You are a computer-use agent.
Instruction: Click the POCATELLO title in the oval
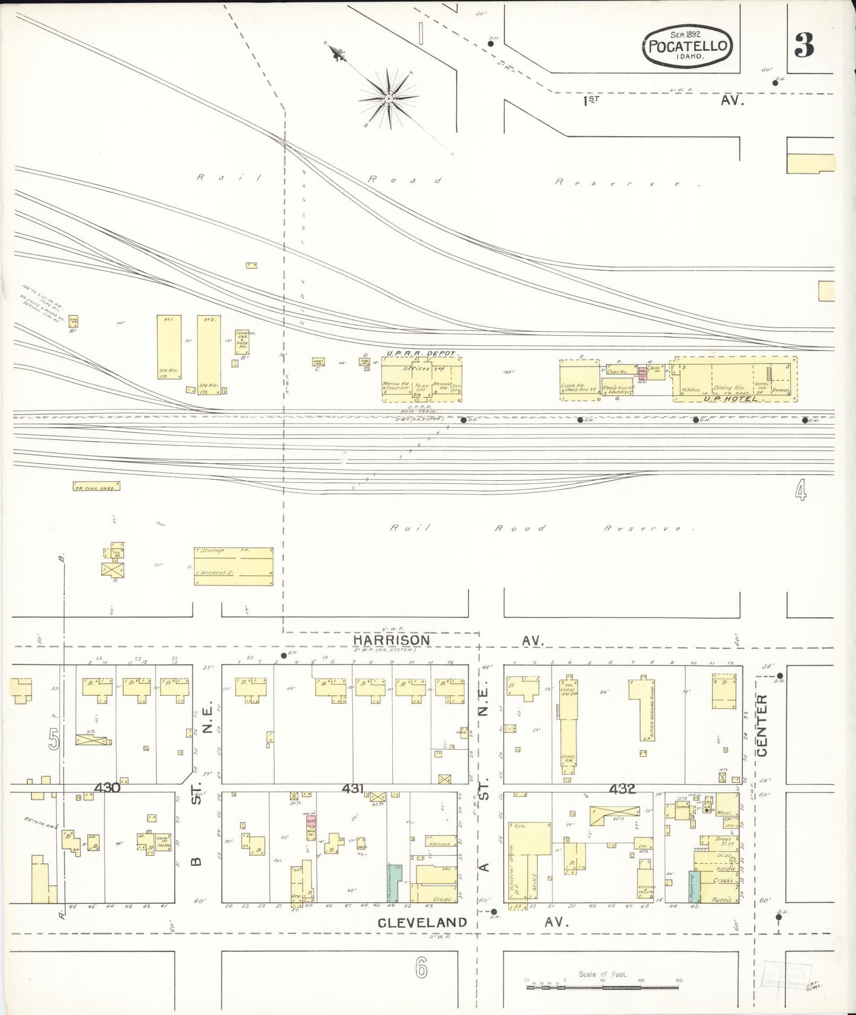(687, 46)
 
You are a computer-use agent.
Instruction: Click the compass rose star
(388, 97)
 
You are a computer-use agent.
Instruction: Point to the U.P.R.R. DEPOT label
(421, 354)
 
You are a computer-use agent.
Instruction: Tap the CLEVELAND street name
(422, 922)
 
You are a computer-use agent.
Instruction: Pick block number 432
(622, 788)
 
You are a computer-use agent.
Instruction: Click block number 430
(107, 788)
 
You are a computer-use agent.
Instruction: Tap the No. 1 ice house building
(168, 347)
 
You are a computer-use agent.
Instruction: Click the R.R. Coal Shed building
(96, 486)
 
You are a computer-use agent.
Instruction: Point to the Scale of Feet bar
(603, 981)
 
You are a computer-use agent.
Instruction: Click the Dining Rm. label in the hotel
(728, 387)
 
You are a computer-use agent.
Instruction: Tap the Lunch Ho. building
(579, 380)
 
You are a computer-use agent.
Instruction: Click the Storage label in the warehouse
(213, 551)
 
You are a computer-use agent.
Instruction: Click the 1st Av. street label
(591, 101)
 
